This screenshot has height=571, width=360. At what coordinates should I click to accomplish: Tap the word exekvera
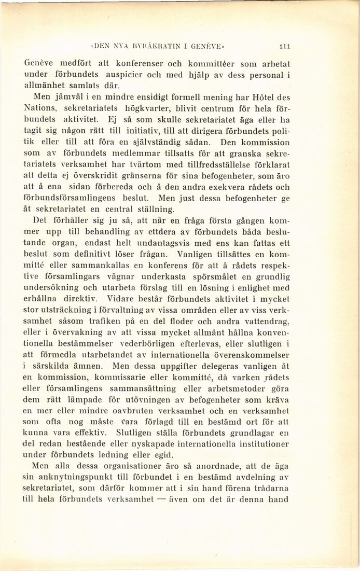click(228, 187)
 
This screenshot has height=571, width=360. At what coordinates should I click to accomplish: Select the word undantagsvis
click(159, 244)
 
